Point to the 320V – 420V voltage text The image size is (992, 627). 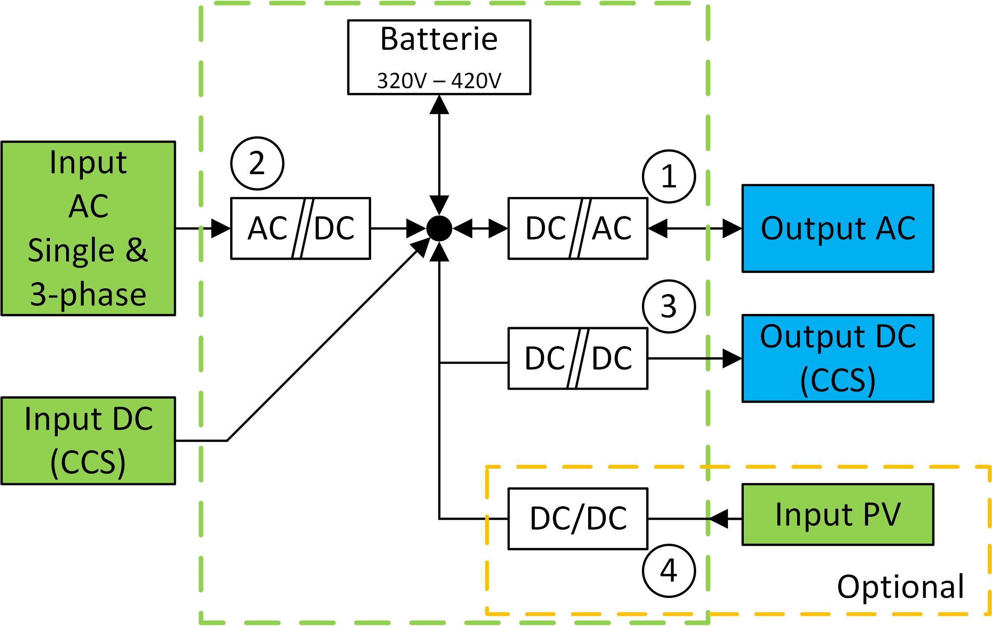439,81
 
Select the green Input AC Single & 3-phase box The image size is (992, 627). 88,228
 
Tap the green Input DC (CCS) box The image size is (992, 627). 88,440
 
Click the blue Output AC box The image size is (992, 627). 838,228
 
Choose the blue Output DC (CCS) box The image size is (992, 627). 838,358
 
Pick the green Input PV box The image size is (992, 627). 838,515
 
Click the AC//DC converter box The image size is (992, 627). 301,228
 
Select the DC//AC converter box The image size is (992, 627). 578,228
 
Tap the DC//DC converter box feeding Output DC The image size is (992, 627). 578,358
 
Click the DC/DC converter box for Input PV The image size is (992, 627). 578,519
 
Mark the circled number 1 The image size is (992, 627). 669,176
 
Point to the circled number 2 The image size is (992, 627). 257,164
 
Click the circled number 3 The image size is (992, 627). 669,306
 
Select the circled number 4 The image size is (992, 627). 669,571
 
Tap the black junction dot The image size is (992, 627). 439,228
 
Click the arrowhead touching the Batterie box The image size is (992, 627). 439,105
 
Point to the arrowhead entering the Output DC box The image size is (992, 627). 732,358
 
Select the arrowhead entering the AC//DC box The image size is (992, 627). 220,228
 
